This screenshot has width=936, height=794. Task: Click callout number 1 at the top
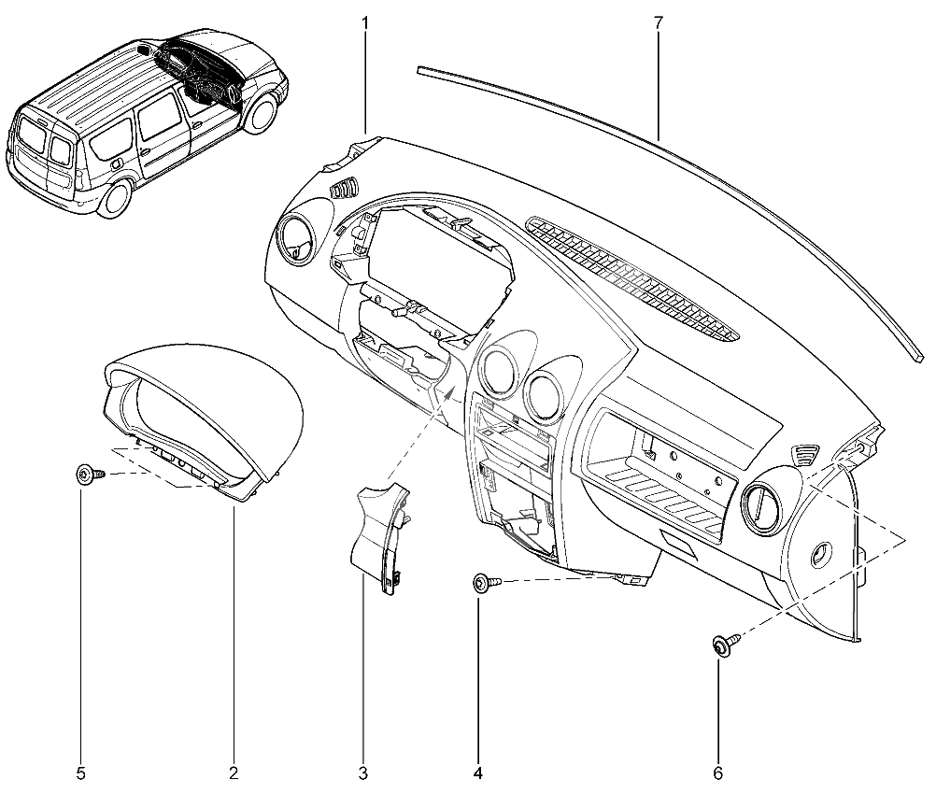click(364, 23)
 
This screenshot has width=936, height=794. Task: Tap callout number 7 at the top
click(658, 23)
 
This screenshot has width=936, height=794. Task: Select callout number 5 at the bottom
click(80, 773)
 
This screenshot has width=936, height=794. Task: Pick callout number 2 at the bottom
click(234, 773)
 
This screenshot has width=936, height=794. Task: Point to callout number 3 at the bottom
click(363, 773)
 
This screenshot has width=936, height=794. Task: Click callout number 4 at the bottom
click(477, 773)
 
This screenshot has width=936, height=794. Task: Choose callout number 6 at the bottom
click(717, 773)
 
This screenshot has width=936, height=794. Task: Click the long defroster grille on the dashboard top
click(632, 278)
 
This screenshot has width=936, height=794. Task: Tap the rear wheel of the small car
click(114, 198)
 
